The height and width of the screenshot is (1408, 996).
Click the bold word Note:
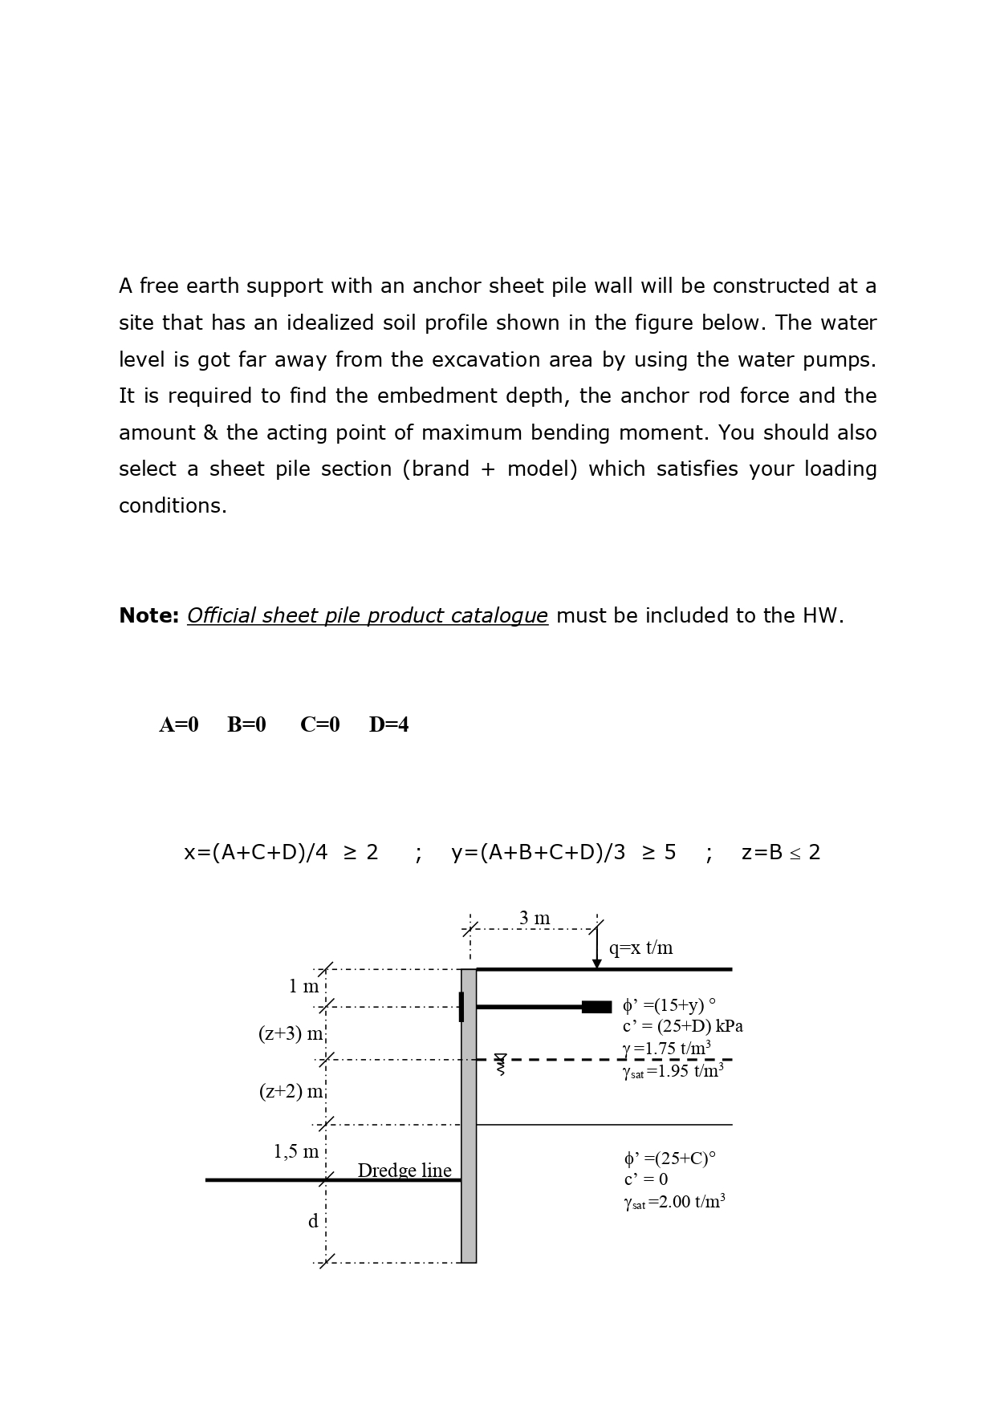(x=148, y=615)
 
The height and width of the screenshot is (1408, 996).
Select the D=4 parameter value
(x=388, y=724)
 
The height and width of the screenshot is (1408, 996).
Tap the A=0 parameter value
(x=178, y=724)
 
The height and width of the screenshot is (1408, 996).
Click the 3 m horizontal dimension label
(x=535, y=918)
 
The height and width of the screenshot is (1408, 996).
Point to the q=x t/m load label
(x=640, y=947)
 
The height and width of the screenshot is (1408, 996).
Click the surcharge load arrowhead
(x=596, y=964)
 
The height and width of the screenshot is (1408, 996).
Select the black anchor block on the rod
(x=596, y=1007)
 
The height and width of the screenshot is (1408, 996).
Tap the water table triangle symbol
(x=500, y=1059)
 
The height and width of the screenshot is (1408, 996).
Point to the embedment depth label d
(x=313, y=1221)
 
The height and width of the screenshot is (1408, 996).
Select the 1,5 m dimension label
(x=295, y=1152)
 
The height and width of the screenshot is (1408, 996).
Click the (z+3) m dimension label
(x=291, y=1033)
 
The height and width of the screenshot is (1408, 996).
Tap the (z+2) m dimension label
(x=291, y=1091)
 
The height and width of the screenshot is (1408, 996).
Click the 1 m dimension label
(x=303, y=986)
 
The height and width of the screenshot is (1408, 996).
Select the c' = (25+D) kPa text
(x=682, y=1026)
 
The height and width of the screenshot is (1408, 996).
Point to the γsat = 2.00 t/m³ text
(x=674, y=1202)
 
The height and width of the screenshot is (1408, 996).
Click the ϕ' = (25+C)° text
(x=669, y=1158)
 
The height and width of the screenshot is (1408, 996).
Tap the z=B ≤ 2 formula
(x=780, y=852)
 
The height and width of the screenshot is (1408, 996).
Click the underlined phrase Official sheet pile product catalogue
(x=368, y=615)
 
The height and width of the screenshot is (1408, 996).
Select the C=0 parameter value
(x=319, y=724)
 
